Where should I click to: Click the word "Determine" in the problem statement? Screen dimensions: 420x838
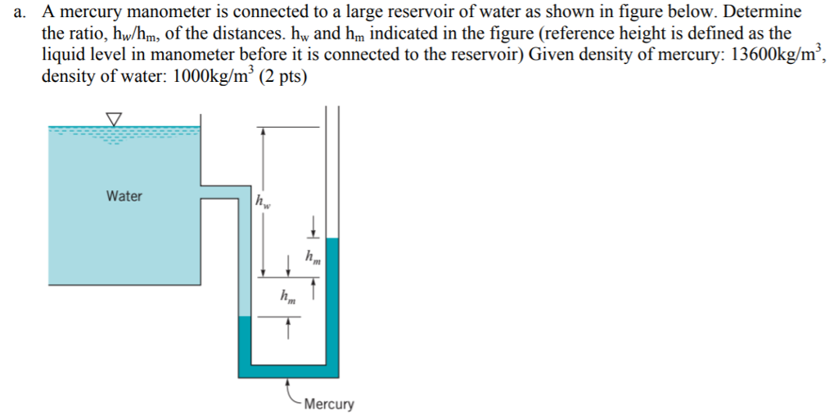coord(761,12)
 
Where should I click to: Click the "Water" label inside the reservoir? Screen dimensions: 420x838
coord(124,196)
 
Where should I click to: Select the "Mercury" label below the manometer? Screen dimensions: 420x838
coord(328,404)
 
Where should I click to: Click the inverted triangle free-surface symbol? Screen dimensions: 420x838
coord(114,120)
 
